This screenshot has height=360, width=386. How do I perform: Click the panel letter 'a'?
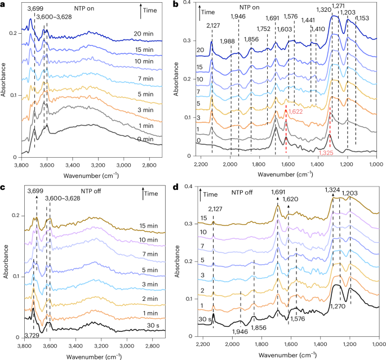pyautogui.click(x=4, y=5)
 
